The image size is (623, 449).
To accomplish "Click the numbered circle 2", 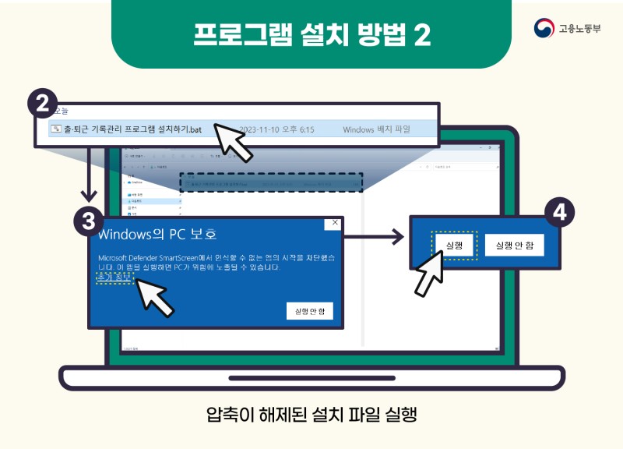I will click(x=43, y=104).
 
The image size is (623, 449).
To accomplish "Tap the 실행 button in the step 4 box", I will click(x=454, y=246).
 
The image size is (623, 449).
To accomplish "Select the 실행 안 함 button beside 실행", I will click(x=514, y=246).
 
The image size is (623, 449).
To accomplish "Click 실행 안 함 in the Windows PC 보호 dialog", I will click(x=309, y=311).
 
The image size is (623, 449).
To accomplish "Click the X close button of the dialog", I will click(x=335, y=223).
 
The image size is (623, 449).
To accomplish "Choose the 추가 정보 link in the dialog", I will click(x=114, y=278).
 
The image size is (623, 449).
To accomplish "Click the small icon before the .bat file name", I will click(x=55, y=129).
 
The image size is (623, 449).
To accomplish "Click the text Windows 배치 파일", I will click(x=377, y=129).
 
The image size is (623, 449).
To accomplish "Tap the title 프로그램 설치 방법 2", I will click(x=311, y=34).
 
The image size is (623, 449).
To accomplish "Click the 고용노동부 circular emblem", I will click(x=544, y=29).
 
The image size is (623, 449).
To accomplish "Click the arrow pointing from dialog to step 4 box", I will click(x=374, y=234).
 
